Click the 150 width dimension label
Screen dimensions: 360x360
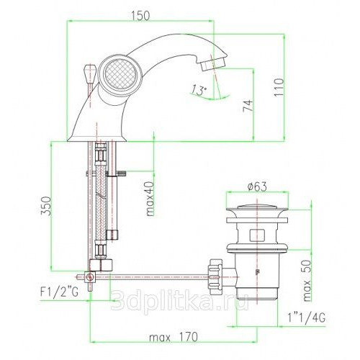[140, 16]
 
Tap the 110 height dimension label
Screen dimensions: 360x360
[279, 87]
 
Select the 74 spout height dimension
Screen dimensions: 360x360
[248, 106]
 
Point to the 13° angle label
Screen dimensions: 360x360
[199, 91]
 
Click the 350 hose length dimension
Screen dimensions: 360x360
[45, 206]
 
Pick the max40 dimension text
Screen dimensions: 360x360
[150, 199]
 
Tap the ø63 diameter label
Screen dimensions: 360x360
[257, 186]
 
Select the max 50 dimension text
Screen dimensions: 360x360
[307, 281]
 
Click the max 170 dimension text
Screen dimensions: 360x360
[174, 337]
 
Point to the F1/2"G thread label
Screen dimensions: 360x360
[59, 292]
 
